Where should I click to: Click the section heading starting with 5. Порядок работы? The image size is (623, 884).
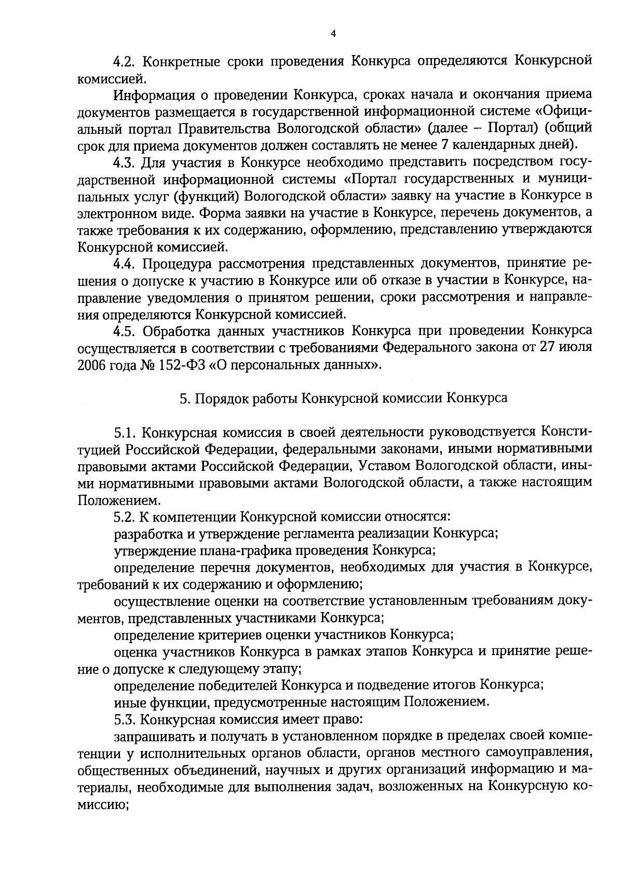point(343,398)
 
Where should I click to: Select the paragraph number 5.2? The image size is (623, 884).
point(125,516)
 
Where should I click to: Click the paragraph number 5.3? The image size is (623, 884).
point(125,719)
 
